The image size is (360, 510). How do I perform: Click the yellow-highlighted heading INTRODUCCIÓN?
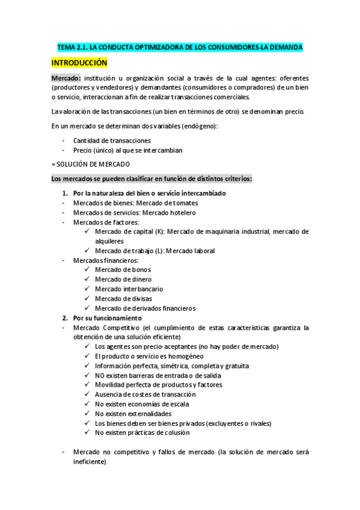click(x=79, y=63)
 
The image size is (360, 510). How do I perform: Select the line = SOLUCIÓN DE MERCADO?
click(x=90, y=164)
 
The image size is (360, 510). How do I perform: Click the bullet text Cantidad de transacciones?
click(x=112, y=141)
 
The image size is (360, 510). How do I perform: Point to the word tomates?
click(x=185, y=203)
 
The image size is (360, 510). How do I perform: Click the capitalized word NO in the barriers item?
click(x=101, y=375)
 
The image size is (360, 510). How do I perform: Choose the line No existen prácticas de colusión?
click(x=142, y=432)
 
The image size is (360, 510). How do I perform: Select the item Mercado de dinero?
click(x=123, y=280)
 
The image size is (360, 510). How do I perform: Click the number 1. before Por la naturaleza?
click(x=65, y=193)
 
